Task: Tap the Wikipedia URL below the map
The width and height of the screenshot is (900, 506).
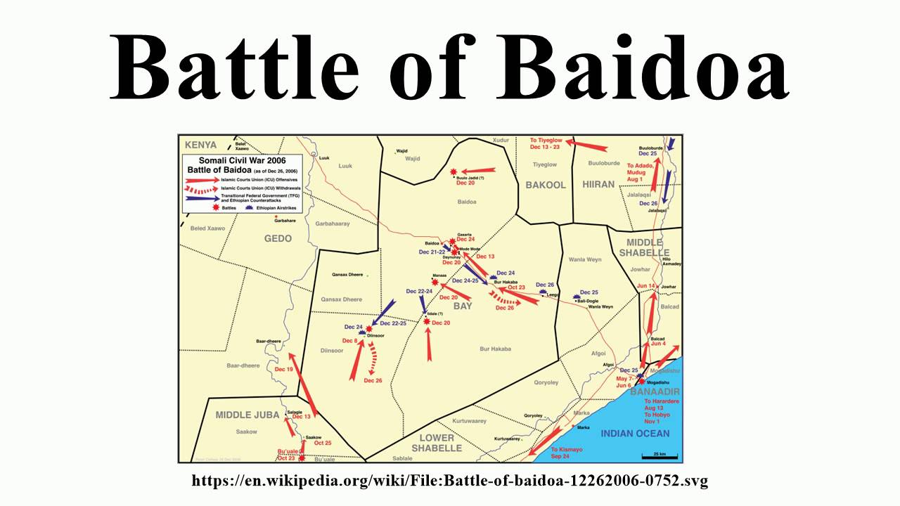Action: click(450, 481)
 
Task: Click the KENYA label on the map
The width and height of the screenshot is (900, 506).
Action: click(200, 145)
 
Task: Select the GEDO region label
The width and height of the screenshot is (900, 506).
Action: click(278, 239)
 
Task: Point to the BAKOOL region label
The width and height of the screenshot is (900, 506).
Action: click(546, 186)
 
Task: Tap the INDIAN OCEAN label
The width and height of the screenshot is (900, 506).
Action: click(635, 434)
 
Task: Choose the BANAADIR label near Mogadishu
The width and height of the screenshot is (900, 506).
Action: click(654, 391)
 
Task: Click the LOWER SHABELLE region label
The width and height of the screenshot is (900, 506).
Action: click(437, 443)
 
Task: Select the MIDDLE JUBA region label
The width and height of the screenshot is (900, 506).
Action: click(243, 415)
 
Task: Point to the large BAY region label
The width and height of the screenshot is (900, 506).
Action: click(463, 307)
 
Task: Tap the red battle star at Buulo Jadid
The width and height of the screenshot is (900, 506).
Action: click(454, 171)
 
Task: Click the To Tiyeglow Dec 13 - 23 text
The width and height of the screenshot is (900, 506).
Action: click(546, 143)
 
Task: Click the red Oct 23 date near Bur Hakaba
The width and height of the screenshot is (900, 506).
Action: click(516, 287)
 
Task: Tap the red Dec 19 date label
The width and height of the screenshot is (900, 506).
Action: click(283, 369)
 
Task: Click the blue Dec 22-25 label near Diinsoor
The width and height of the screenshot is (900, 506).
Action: click(393, 323)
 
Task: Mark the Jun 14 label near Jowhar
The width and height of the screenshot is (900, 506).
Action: click(645, 286)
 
